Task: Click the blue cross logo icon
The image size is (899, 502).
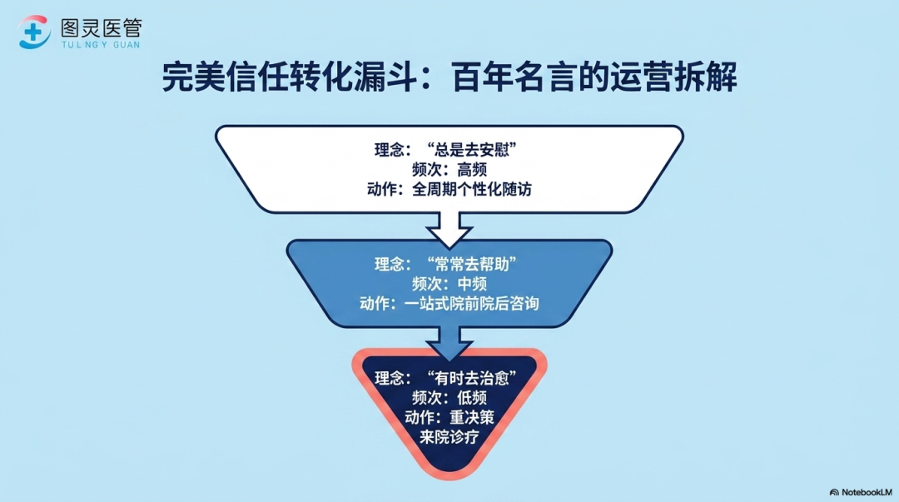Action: click(x=34, y=32)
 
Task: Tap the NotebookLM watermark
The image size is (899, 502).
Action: click(x=862, y=492)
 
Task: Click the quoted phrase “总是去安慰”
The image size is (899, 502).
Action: click(x=472, y=150)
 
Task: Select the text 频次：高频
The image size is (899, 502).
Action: click(x=449, y=169)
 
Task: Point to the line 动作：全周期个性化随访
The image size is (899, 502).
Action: click(x=449, y=189)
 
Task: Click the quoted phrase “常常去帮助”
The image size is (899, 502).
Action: click(x=472, y=264)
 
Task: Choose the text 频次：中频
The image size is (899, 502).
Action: click(x=449, y=283)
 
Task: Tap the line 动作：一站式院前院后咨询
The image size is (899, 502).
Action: click(x=449, y=303)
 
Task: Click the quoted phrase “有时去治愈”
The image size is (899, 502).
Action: click(x=472, y=378)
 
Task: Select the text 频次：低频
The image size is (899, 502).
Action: click(x=449, y=398)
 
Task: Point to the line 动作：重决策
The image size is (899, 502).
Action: click(x=449, y=417)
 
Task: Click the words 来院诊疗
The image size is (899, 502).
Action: click(x=449, y=436)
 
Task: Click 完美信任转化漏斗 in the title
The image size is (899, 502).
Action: click(x=288, y=77)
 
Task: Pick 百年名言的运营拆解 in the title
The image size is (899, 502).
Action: click(x=594, y=77)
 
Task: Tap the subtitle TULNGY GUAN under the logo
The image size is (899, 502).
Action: click(x=101, y=44)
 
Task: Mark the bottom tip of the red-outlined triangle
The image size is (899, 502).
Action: click(x=449, y=480)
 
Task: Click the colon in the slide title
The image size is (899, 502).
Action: click(x=433, y=79)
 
